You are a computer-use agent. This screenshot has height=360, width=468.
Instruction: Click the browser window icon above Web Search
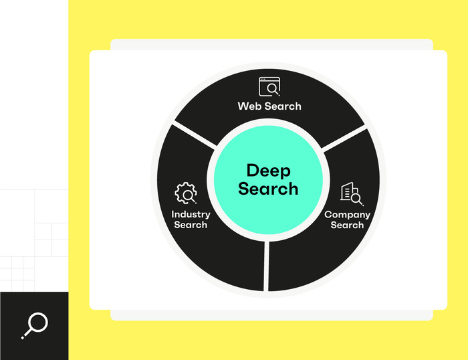[x=269, y=87]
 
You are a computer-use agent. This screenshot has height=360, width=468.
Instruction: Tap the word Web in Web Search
[x=248, y=106]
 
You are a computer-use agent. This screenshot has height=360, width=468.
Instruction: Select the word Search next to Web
[x=281, y=106]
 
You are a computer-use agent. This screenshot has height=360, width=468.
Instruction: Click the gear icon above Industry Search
[x=185, y=193]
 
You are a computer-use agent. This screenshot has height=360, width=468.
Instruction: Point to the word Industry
[x=191, y=214]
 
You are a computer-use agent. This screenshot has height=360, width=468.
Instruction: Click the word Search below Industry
[x=191, y=225]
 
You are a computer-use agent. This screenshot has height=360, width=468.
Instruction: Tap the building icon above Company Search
[x=351, y=193]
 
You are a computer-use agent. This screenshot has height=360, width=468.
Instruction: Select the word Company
[x=347, y=214]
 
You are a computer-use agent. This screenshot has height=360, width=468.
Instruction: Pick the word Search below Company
[x=347, y=225]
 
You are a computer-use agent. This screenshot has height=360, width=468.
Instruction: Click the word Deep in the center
[x=268, y=171]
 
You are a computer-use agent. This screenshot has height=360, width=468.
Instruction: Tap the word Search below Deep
[x=268, y=189]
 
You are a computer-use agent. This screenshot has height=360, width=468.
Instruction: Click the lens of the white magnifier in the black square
[x=38, y=323]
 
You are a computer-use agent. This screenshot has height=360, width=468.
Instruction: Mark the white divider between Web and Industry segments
[x=195, y=136]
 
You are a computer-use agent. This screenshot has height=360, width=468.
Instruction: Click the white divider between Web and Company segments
[x=342, y=137]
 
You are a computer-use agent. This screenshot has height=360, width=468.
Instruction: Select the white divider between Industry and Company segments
[x=267, y=265]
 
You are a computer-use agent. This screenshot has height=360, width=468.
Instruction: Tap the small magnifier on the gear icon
[x=191, y=196]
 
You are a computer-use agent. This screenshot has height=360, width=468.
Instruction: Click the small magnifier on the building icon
[x=356, y=198]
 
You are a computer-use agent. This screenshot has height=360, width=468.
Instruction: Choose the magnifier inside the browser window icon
[x=273, y=88]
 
